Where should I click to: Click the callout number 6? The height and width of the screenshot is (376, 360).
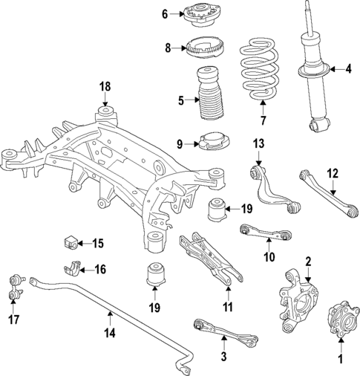click(x=166, y=13)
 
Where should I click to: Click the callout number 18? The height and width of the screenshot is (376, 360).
click(x=105, y=88)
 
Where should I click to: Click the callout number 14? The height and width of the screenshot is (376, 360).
click(x=109, y=334)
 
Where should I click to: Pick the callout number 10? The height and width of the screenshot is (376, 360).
click(x=269, y=258)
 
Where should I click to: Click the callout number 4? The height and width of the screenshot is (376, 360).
click(x=347, y=70)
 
